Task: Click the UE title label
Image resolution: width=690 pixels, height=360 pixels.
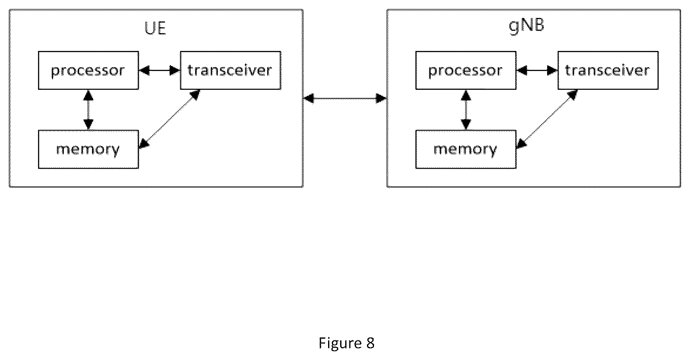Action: (x=155, y=28)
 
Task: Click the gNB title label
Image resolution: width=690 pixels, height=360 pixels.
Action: (x=527, y=25)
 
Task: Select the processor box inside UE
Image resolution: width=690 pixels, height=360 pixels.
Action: (x=89, y=71)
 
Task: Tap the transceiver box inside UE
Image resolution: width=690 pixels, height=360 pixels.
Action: (x=230, y=71)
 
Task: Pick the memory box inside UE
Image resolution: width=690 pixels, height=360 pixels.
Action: (x=89, y=149)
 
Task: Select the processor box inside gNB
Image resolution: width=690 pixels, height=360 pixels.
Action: (x=466, y=71)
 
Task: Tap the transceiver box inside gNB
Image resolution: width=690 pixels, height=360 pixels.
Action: (x=608, y=71)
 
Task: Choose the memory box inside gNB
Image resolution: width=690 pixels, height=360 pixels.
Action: (x=466, y=149)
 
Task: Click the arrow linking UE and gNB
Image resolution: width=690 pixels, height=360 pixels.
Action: (x=345, y=99)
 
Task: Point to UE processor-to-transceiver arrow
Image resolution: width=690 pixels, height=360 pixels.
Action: (x=160, y=71)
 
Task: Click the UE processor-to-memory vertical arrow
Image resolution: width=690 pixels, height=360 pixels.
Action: (x=89, y=110)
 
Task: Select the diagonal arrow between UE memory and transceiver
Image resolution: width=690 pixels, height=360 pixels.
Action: (x=170, y=119)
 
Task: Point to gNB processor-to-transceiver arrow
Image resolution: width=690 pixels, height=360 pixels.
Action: (x=537, y=71)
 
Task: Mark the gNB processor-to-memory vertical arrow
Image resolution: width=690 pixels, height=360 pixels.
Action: (x=466, y=110)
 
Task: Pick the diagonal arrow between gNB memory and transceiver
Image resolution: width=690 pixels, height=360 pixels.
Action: (x=547, y=119)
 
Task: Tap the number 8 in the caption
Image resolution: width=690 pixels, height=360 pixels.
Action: (x=370, y=343)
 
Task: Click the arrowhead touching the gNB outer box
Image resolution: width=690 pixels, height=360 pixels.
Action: (x=381, y=99)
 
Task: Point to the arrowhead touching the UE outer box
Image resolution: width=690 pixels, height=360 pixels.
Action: (x=309, y=99)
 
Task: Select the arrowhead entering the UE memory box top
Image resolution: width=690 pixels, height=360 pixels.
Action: (x=89, y=124)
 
